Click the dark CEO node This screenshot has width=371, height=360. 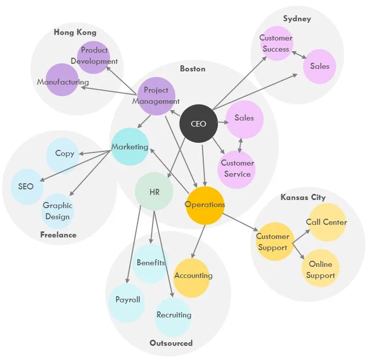pyautogui.click(x=199, y=123)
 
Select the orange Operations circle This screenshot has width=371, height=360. pyautogui.click(x=205, y=205)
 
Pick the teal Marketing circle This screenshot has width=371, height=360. pyautogui.click(x=130, y=147)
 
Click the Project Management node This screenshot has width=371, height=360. pyautogui.click(x=156, y=96)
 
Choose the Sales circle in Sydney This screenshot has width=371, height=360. pyautogui.click(x=319, y=66)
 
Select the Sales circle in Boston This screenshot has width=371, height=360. pyautogui.click(x=244, y=119)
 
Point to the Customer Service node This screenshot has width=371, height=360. pyautogui.click(x=237, y=169)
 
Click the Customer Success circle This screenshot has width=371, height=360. pyautogui.click(x=276, y=44)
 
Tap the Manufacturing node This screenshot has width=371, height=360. pyautogui.click(x=62, y=82)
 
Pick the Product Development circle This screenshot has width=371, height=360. pyautogui.click(x=94, y=56)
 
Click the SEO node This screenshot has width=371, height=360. pyautogui.click(x=26, y=186)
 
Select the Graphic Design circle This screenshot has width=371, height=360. pyautogui.click(x=57, y=211)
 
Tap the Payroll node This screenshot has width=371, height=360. pyautogui.click(x=127, y=300)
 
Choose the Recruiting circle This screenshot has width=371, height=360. pyautogui.click(x=174, y=315)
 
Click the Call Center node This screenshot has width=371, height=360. pyautogui.click(x=327, y=222)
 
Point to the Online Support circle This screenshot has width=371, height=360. pyautogui.click(x=321, y=269)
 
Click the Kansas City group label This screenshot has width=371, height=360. pyautogui.click(x=303, y=197)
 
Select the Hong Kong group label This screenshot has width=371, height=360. pyautogui.click(x=75, y=32)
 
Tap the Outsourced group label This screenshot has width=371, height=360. pyautogui.click(x=171, y=343)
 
